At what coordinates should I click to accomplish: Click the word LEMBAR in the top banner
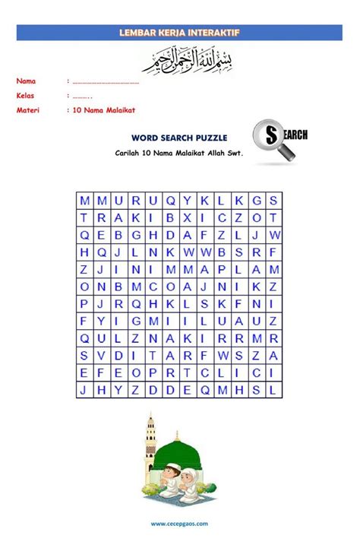pos(136,33)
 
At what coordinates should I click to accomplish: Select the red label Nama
pos(27,81)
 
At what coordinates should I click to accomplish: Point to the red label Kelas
pos(27,96)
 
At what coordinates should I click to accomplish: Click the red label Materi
pos(29,110)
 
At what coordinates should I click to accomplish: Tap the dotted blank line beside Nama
pos(106,81)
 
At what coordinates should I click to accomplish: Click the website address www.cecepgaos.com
pos(180,524)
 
